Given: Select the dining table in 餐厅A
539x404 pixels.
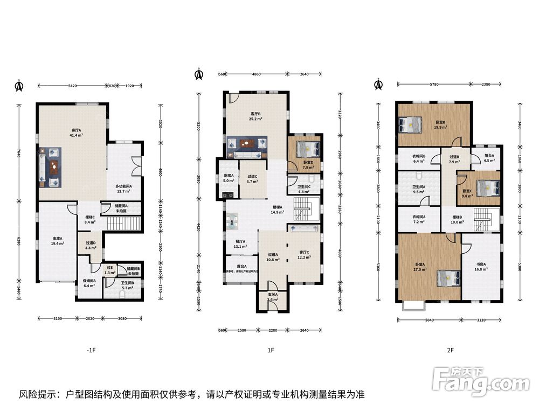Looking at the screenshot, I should coord(236,221).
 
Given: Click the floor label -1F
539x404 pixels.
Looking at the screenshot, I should coord(91,350).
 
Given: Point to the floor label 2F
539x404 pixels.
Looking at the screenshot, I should coord(450,350).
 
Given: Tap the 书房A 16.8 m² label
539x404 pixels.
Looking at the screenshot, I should coord(481,266).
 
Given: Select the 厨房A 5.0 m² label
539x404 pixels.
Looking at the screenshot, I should coord(229,178).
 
